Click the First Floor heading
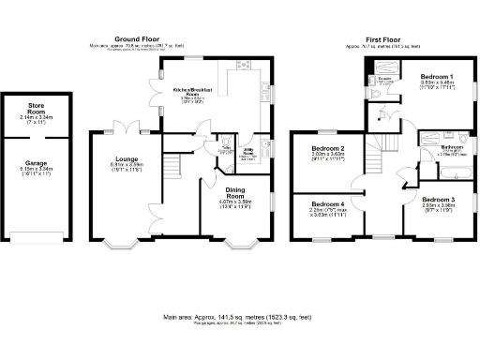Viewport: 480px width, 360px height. coord(386,38)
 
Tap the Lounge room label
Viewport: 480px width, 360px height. coord(127,158)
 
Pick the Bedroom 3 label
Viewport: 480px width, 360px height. coord(438,200)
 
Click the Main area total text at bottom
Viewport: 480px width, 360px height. coord(239,318)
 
